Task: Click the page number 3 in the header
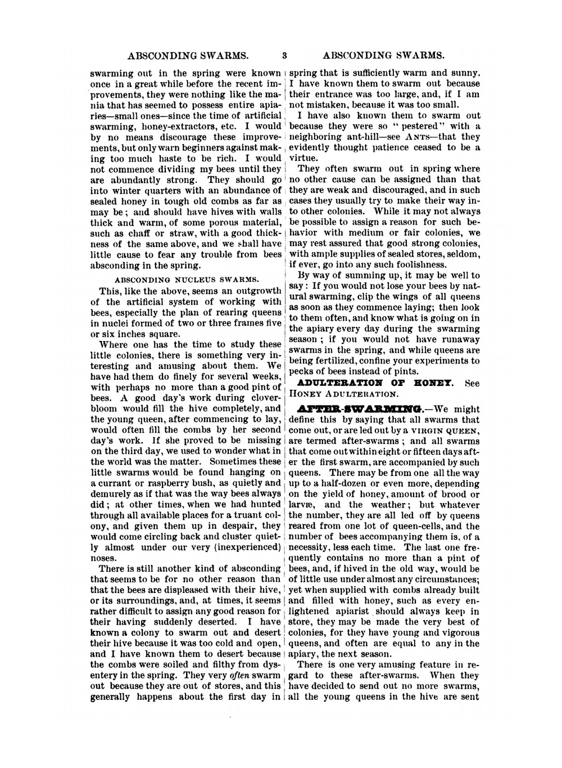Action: tap(284, 56)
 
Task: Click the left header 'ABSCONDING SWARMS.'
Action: tap(188, 56)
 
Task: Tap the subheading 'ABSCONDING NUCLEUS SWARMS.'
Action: tap(187, 279)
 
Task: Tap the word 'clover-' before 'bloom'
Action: tap(265, 398)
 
